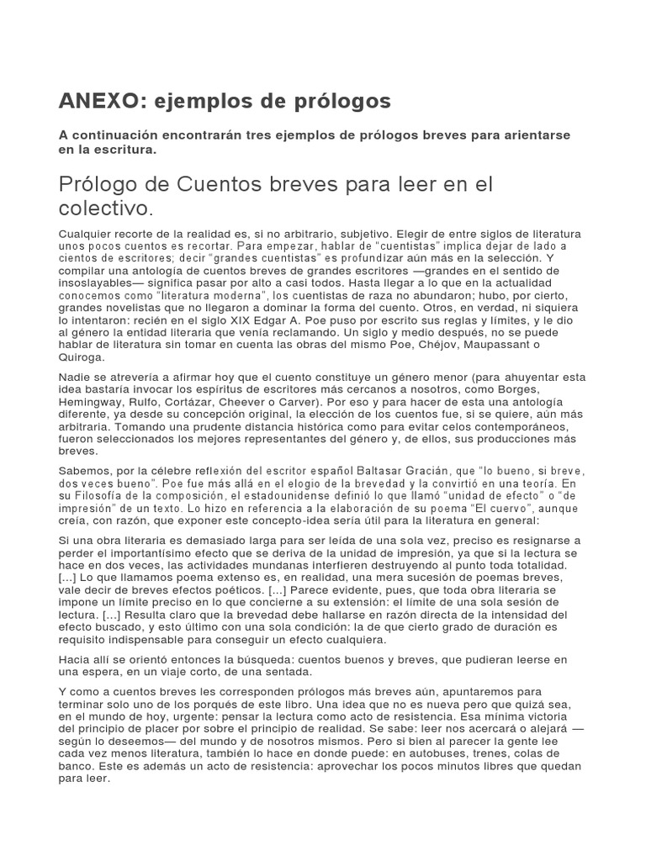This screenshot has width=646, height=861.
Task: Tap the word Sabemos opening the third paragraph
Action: coord(86,473)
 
